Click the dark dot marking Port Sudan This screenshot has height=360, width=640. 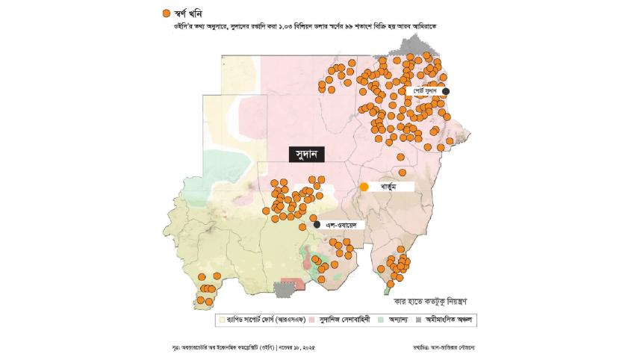point(446,91)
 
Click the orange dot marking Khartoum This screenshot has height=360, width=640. point(364,187)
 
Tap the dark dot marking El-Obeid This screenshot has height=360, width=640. point(317,224)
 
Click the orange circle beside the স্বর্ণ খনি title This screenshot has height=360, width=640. point(166,13)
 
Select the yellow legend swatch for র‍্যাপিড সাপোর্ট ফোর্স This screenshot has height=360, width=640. point(221,319)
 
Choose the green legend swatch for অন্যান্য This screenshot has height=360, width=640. point(380,319)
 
